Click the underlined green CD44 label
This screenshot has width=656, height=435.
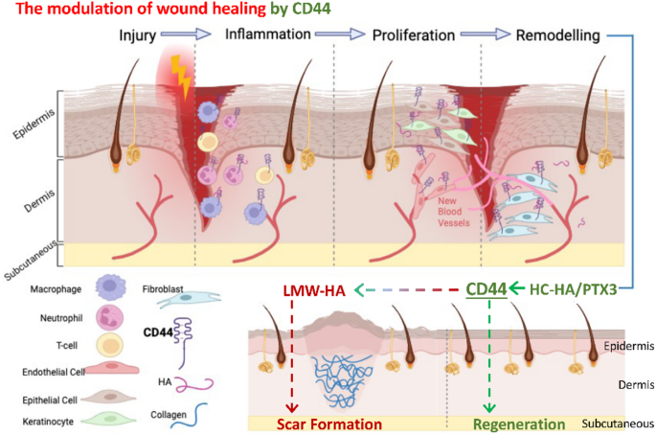click(x=486, y=288)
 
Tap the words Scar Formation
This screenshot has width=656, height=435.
click(x=328, y=424)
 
